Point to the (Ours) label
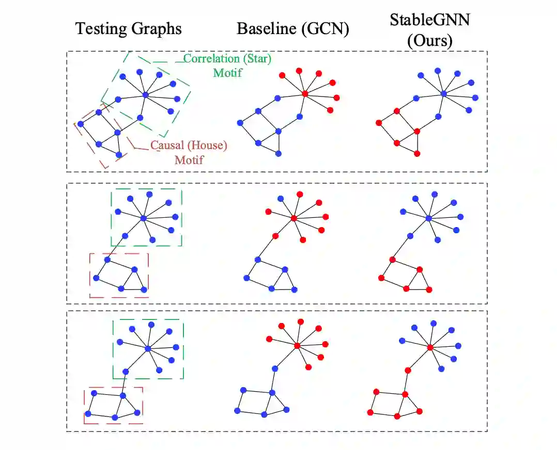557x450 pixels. [x=429, y=41]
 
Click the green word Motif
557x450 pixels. [x=227, y=72]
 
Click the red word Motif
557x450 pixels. [x=189, y=159]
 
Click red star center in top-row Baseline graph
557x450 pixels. [x=305, y=93]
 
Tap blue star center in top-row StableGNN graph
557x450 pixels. [x=443, y=93]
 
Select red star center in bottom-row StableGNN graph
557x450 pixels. [x=430, y=347]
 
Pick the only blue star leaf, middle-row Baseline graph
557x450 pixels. [x=281, y=199]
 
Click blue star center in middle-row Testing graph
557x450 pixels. [x=143, y=219]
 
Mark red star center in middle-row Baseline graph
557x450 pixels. [x=293, y=218]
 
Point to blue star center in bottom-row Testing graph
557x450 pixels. [x=148, y=349]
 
